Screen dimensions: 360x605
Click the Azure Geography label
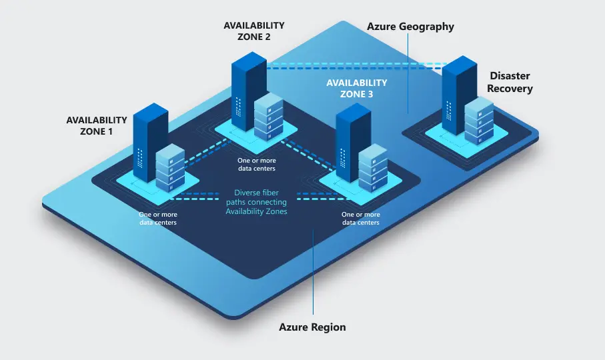[x=410, y=27]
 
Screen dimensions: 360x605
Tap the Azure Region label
[x=312, y=327]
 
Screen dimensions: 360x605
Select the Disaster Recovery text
[x=510, y=82]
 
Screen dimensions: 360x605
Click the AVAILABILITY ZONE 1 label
[x=97, y=125]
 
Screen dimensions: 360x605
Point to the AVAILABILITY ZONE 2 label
[x=254, y=31]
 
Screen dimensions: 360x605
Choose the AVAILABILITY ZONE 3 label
[x=356, y=88]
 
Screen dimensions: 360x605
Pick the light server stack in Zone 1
[x=169, y=167]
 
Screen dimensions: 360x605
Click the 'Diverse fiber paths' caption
[x=256, y=202]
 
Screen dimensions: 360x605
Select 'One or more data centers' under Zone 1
[x=157, y=219]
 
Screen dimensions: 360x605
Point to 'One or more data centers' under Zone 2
[x=257, y=164]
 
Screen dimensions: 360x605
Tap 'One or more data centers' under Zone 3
[x=361, y=219]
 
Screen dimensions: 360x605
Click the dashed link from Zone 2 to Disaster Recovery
[x=354, y=66]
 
